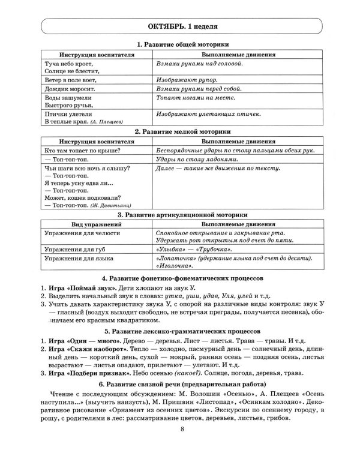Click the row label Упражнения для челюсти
click(x=83, y=232)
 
